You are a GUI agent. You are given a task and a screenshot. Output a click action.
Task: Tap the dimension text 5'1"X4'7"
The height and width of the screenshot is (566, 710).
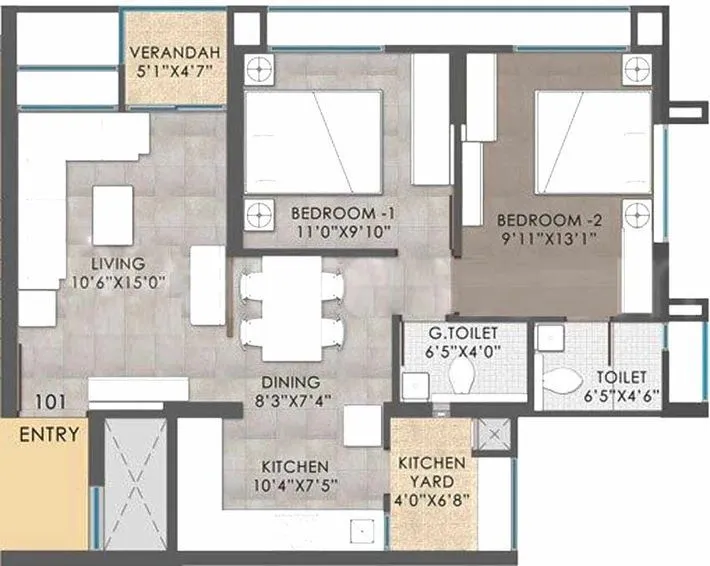point(175,71)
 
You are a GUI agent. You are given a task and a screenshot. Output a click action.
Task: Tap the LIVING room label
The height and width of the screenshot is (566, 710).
point(110,263)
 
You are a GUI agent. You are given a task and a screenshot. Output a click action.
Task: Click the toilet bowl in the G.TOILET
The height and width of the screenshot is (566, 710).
point(462,378)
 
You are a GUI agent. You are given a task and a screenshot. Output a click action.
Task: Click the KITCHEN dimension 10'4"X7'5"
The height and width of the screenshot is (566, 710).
point(295,487)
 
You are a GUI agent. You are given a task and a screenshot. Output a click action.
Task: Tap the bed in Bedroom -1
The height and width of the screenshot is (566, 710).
point(313,142)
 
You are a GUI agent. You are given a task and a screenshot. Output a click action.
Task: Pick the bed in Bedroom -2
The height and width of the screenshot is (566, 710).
point(585,142)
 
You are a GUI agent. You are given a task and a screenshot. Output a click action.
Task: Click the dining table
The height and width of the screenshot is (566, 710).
point(292,308)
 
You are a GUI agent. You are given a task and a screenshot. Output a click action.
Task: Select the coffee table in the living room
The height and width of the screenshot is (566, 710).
point(113,215)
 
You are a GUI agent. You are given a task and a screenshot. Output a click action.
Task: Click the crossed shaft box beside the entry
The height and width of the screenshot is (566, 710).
point(135,483)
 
